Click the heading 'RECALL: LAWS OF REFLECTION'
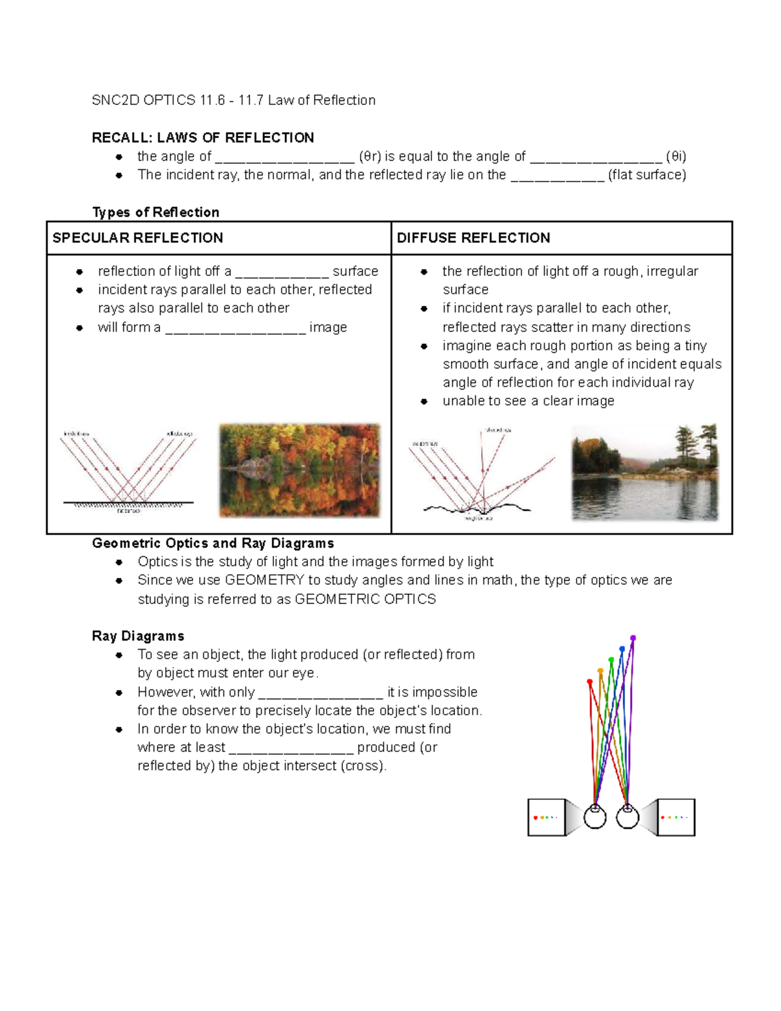[202, 137]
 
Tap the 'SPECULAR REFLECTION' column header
[137, 238]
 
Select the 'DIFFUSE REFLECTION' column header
[473, 238]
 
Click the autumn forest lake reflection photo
[299, 470]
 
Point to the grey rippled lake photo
[645, 473]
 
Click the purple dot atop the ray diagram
[633, 638]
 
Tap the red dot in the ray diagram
[590, 682]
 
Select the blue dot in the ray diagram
[622, 649]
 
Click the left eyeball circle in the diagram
[595, 817]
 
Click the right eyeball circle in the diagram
[627, 817]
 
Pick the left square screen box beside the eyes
[546, 817]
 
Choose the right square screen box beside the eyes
[676, 817]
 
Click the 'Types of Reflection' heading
[156, 212]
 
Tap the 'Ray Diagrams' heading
[138, 636]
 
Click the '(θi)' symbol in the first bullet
[676, 156]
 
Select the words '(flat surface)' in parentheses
[647, 174]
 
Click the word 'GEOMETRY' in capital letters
[264, 580]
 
